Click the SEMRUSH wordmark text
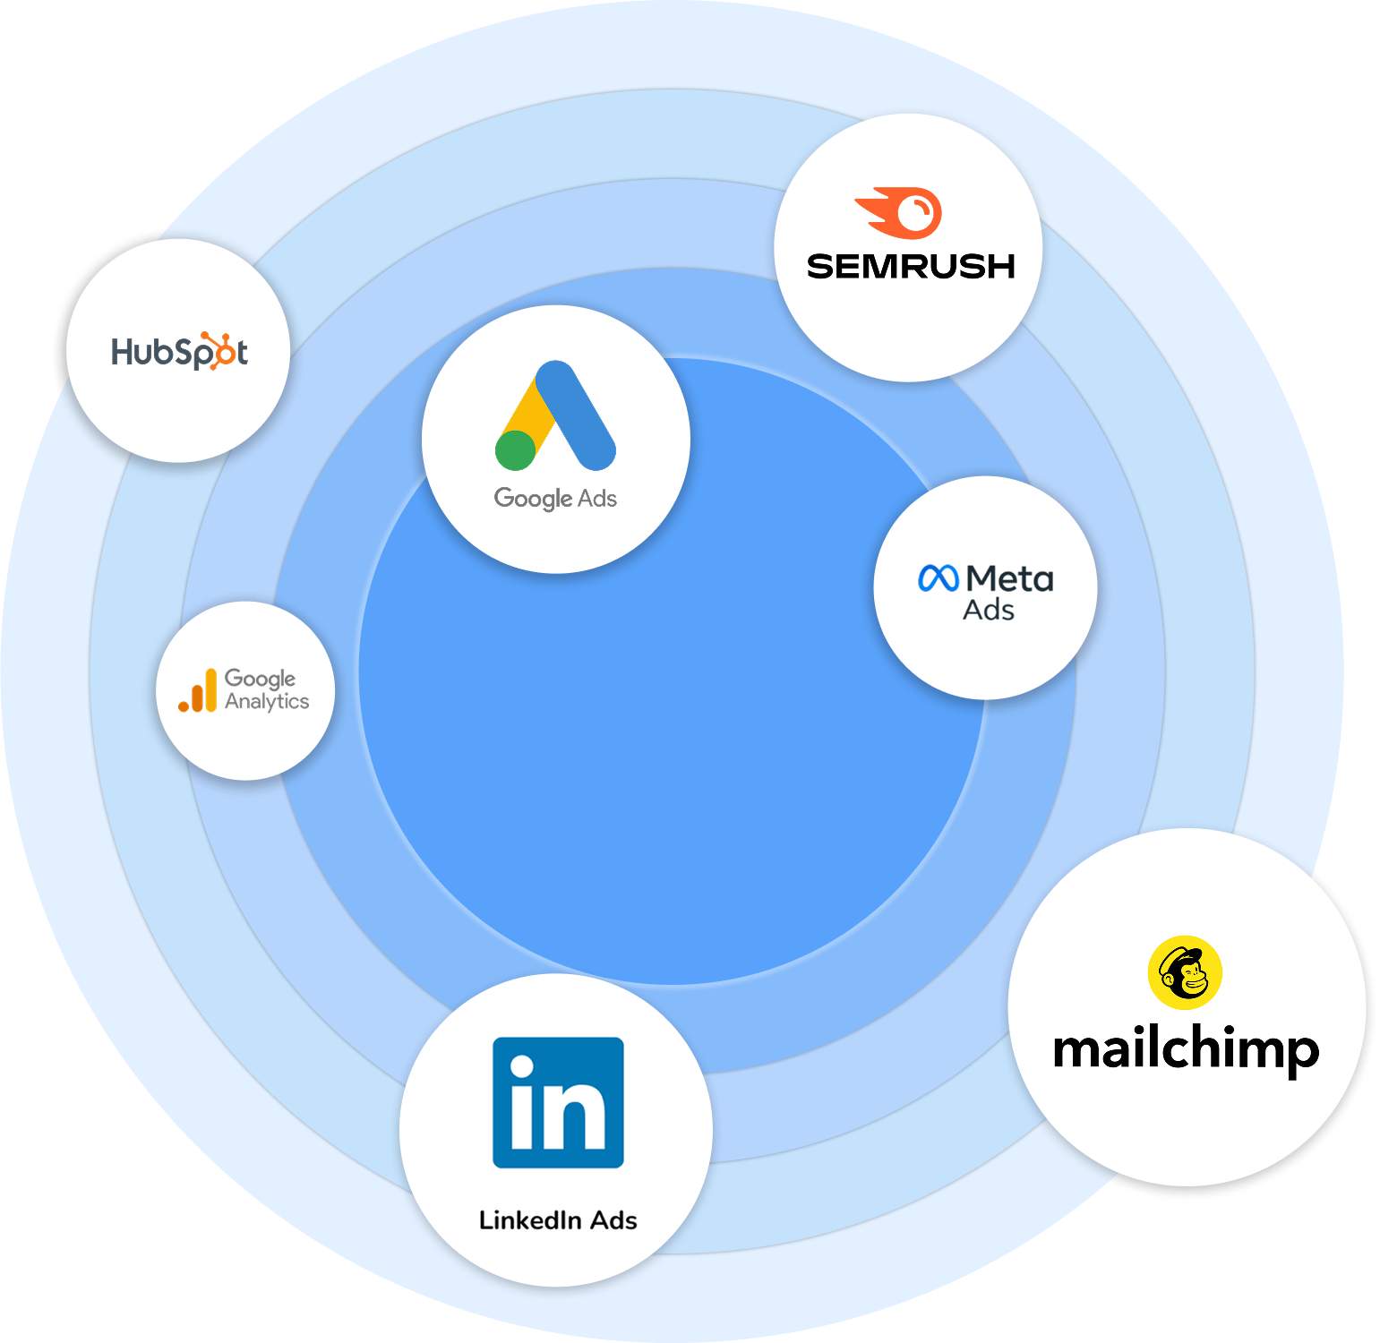click(x=911, y=267)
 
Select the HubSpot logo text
click(x=179, y=352)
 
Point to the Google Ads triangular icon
click(x=556, y=416)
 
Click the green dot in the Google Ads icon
click(x=515, y=449)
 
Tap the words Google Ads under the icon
click(x=555, y=498)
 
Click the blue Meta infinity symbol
click(x=939, y=578)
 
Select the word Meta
click(x=1010, y=578)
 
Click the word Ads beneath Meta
click(x=989, y=611)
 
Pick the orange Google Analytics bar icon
click(x=198, y=691)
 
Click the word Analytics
click(x=267, y=701)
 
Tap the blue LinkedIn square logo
click(x=558, y=1102)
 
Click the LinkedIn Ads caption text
click(x=558, y=1220)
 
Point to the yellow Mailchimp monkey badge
click(x=1185, y=972)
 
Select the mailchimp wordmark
click(x=1186, y=1049)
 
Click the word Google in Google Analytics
click(x=260, y=679)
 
